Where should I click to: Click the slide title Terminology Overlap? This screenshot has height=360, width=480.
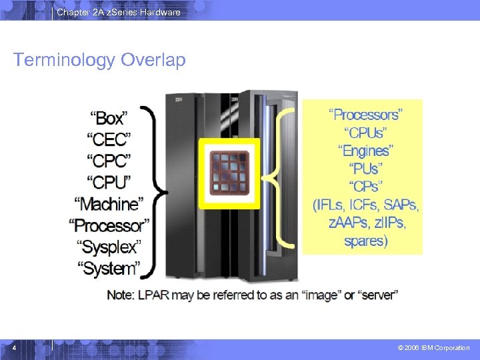click(99, 60)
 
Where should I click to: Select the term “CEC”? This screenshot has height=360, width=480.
click(109, 139)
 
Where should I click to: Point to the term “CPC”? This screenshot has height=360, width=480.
click(109, 161)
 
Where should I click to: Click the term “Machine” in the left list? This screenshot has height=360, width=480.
click(109, 203)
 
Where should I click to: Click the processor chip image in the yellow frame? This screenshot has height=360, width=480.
click(229, 173)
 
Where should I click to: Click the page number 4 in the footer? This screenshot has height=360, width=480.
click(14, 347)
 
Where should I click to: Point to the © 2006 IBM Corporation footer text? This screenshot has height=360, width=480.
click(433, 348)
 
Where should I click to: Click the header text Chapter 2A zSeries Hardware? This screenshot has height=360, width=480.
click(118, 12)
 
